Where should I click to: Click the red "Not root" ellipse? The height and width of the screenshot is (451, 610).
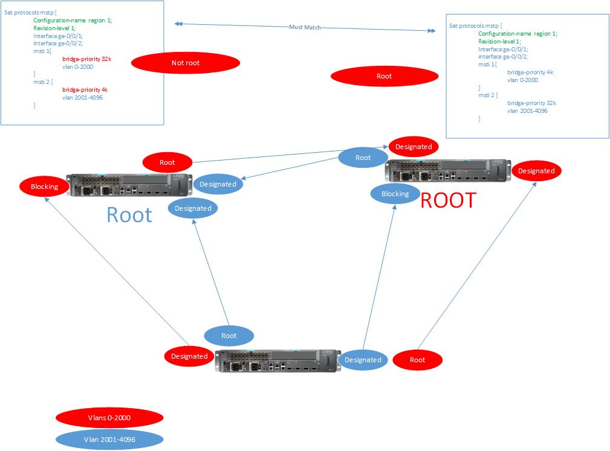pos(185,63)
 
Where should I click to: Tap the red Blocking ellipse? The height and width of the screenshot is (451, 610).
pos(44,187)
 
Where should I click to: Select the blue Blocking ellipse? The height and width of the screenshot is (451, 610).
pos(395,194)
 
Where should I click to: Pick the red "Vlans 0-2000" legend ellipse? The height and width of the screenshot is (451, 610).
pos(109,417)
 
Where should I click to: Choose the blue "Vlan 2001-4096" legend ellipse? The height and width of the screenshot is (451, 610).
pos(109,439)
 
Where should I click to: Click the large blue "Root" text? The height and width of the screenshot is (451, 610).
pos(129,214)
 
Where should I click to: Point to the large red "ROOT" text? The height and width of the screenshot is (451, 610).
pos(448,200)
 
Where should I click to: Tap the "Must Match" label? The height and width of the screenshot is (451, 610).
pos(305,27)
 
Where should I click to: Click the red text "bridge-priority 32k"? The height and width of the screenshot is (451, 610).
pos(86,59)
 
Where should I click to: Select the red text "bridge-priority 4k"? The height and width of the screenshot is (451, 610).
pos(85,89)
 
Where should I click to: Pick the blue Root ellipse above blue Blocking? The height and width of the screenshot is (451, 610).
pos(363,158)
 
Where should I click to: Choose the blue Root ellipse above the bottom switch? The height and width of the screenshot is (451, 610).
pos(229,336)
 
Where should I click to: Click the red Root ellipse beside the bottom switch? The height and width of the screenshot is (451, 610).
pos(417,360)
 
